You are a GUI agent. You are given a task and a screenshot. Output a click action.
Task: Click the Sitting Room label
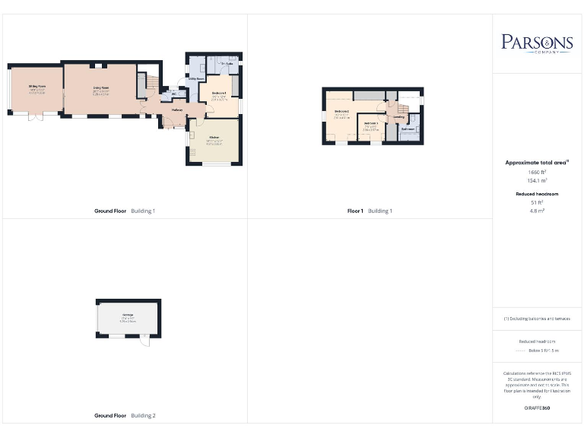[x=37, y=87]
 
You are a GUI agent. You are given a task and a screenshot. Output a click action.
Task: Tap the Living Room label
[x=101, y=88]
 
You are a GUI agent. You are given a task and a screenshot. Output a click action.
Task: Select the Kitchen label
[x=214, y=138]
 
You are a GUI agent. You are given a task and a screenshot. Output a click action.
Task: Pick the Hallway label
[x=177, y=110]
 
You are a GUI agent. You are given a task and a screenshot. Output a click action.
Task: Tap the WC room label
[x=174, y=94]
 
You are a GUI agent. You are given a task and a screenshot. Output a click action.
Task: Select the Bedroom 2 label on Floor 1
[x=341, y=112]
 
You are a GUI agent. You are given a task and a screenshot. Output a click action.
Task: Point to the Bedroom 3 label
[x=371, y=123]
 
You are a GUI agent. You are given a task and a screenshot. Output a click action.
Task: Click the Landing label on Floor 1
[x=399, y=117]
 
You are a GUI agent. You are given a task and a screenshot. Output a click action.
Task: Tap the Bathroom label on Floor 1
[x=408, y=129]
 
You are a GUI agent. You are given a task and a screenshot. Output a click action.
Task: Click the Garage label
[x=128, y=315]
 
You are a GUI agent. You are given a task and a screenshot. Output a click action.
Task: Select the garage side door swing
[x=145, y=341]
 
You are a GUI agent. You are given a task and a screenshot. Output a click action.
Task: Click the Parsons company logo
[x=537, y=43]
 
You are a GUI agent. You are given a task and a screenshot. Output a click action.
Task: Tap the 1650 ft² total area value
[x=537, y=173]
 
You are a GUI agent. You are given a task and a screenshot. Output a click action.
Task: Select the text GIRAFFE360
[x=537, y=408]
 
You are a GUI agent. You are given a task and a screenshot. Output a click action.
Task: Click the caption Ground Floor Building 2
[x=125, y=416]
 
